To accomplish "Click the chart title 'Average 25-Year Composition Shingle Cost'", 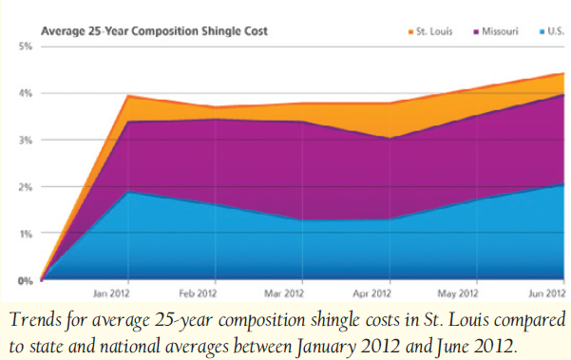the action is click(x=155, y=31).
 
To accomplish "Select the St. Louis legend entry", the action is click(x=430, y=31).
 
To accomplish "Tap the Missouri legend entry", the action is click(x=496, y=31).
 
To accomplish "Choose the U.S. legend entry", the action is click(x=551, y=31).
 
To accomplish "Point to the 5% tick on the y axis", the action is click(x=26, y=47).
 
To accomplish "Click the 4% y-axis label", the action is click(x=26, y=93).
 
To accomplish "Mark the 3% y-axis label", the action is click(x=26, y=141).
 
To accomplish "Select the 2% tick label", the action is click(x=26, y=187).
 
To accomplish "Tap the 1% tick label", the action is click(x=26, y=234).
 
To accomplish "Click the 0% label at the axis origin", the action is click(x=26, y=280).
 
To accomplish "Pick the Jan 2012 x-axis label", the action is click(x=111, y=294).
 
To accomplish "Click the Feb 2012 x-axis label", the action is click(x=198, y=294).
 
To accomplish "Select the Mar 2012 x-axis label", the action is click(x=284, y=294).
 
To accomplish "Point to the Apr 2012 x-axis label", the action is click(x=371, y=294).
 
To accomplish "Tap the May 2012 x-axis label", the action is click(x=458, y=294).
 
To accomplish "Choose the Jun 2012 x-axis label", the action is click(x=546, y=294).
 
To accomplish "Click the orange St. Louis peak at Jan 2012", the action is click(x=128, y=96).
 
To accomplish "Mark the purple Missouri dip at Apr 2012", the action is click(x=390, y=139).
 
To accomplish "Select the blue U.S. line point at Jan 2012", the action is click(x=128, y=191).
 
